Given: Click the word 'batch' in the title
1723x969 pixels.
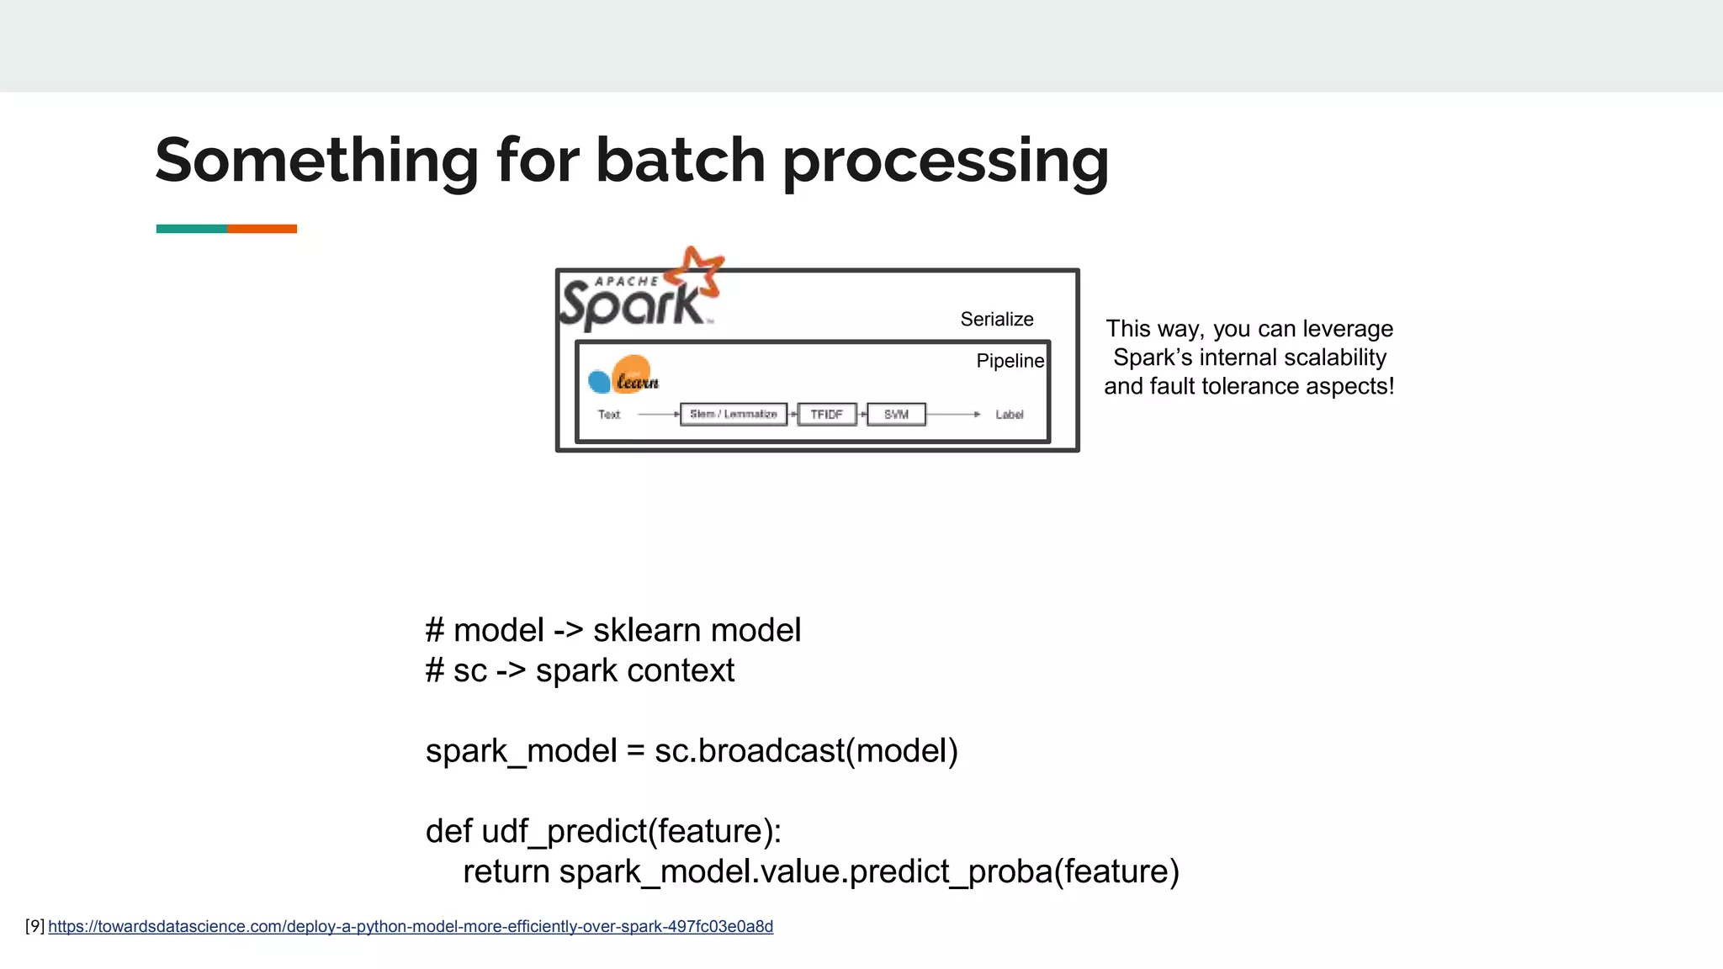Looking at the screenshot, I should pyautogui.click(x=680, y=160).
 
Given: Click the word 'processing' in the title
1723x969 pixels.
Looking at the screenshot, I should pyautogui.click(x=946, y=161).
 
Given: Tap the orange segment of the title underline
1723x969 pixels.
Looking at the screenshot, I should pyautogui.click(x=262, y=229).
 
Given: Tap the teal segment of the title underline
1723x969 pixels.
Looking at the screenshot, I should pyautogui.click(x=191, y=229).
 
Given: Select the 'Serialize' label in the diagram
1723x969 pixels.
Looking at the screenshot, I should pyautogui.click(x=996, y=320).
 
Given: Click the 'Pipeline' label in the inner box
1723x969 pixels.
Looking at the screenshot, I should pyautogui.click(x=1009, y=361).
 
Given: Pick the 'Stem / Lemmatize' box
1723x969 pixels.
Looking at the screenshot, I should pyautogui.click(x=734, y=415).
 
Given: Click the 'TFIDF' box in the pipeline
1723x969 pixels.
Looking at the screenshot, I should pyautogui.click(x=826, y=415).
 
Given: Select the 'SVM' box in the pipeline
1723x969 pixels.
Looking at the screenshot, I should pyautogui.click(x=896, y=415).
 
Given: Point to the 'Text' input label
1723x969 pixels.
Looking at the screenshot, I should pyautogui.click(x=608, y=415).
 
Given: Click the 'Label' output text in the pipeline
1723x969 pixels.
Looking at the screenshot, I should pyautogui.click(x=1009, y=415).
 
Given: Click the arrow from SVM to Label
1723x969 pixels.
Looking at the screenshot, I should pyautogui.click(x=953, y=415).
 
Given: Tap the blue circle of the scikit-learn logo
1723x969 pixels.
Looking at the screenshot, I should pyautogui.click(x=599, y=382).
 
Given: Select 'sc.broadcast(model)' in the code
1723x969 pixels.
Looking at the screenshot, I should pyautogui.click(x=806, y=750).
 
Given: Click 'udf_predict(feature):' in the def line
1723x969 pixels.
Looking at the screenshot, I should pyautogui.click(x=631, y=831).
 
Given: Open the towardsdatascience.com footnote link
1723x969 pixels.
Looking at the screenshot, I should pyautogui.click(x=411, y=926).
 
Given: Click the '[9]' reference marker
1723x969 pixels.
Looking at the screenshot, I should pyautogui.click(x=34, y=926).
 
